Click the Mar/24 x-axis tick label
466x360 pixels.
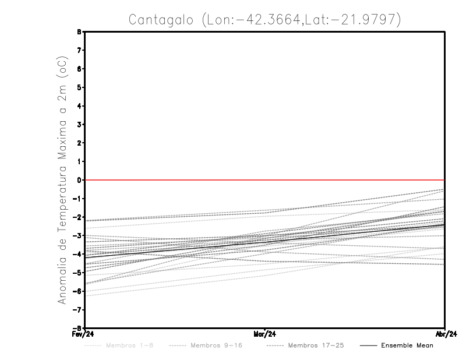[265, 334]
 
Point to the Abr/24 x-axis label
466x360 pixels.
[445, 334]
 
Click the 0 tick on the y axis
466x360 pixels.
[79, 180]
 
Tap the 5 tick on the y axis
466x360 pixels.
[79, 87]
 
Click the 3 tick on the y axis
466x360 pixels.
[79, 124]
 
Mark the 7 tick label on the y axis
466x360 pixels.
[79, 50]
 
